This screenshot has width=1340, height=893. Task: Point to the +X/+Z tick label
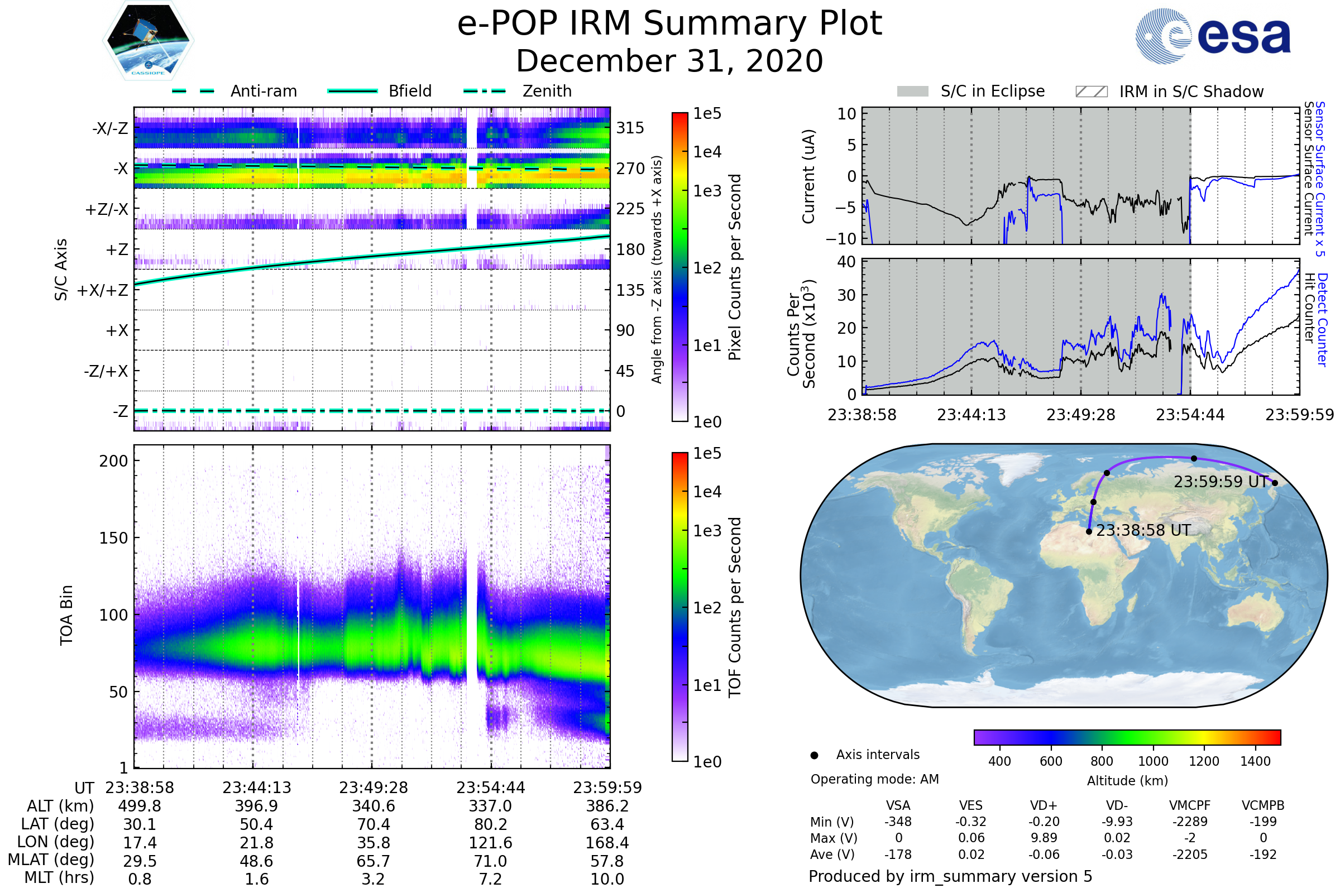point(103,290)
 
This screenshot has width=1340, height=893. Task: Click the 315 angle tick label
point(630,128)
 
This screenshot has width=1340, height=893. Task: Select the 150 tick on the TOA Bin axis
point(113,538)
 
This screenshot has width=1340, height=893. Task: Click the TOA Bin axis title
point(66,615)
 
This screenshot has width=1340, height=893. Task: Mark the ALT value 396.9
point(256,806)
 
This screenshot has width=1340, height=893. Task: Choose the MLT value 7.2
point(490,878)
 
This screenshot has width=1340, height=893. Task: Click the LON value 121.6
point(490,842)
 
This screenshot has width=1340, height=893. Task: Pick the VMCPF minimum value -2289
point(1190,822)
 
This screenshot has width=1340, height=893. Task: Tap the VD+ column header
point(1044,805)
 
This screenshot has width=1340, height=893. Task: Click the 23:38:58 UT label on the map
point(1143,531)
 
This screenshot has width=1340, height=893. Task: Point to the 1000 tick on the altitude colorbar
point(1153,761)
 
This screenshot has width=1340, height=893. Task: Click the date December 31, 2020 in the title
point(669,61)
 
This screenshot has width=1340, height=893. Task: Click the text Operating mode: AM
point(874,779)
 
